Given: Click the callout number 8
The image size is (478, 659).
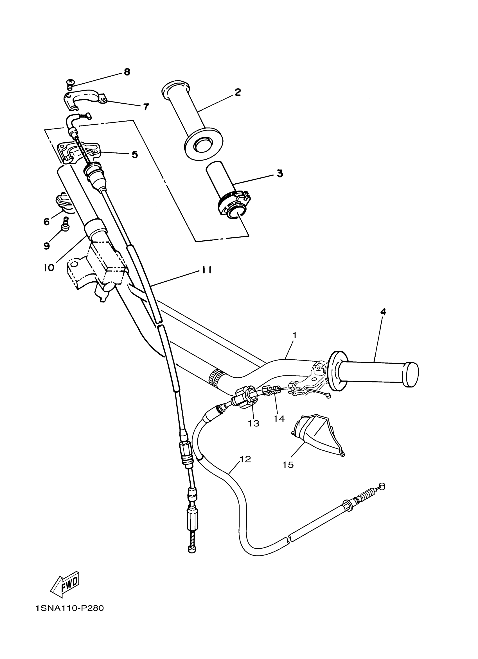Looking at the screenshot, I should pyautogui.click(x=127, y=72).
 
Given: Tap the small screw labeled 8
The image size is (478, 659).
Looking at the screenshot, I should pyautogui.click(x=70, y=84).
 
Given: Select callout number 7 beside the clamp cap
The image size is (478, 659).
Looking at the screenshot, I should pyautogui.click(x=146, y=107).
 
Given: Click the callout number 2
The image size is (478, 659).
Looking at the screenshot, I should pyautogui.click(x=238, y=92).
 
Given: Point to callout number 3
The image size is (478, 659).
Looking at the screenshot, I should pyautogui.click(x=279, y=174).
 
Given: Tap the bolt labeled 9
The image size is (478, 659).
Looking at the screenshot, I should pyautogui.click(x=66, y=224).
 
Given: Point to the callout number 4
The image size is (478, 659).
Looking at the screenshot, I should pyautogui.click(x=383, y=312).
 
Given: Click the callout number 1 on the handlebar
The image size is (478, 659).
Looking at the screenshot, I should pyautogui.click(x=294, y=335).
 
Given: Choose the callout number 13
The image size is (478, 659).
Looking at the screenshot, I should pyautogui.click(x=253, y=423).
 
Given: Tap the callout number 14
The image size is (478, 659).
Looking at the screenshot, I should pyautogui.click(x=279, y=418).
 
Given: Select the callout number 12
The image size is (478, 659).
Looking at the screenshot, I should pyautogui.click(x=245, y=459).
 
